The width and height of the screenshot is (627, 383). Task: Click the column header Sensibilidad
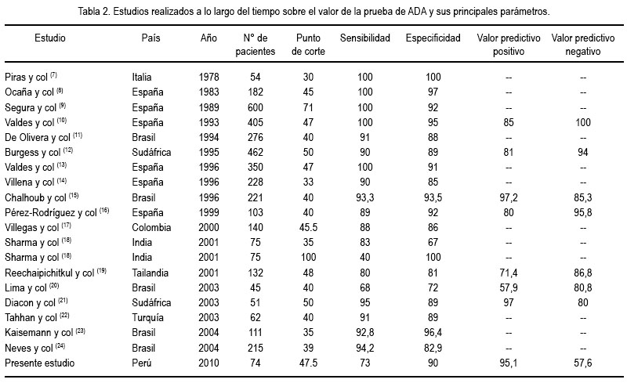coord(364,38)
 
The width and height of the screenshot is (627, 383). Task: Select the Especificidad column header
coord(433,38)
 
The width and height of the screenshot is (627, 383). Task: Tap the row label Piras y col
coord(26,78)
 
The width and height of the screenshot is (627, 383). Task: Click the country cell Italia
coord(142,77)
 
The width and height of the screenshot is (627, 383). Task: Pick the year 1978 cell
coord(208,77)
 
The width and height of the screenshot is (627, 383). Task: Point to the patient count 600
coord(256,107)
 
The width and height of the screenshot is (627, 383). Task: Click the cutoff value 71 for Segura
coord(308,107)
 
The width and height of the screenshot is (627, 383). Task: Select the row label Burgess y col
coord(32,152)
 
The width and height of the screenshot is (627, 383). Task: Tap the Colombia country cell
coord(151,227)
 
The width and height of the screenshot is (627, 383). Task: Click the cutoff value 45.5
coord(308,227)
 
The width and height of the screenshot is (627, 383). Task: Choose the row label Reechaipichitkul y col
coord(49,273)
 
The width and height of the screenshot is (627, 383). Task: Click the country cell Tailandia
coord(150,273)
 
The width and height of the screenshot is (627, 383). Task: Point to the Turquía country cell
coord(147,318)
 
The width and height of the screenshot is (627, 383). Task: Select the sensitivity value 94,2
coord(364,349)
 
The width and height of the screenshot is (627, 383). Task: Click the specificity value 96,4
coord(433,333)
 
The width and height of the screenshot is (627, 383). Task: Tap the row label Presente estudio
coord(40,363)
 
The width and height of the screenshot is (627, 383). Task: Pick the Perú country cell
coord(142,363)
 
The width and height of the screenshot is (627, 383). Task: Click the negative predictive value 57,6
coord(582,363)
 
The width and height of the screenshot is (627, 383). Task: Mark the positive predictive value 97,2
coord(508,197)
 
